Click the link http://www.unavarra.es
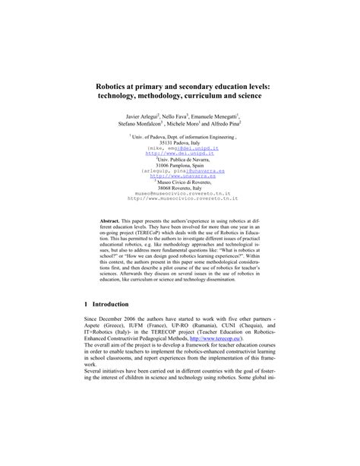tap(180, 176)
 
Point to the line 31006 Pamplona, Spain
tap(180, 164)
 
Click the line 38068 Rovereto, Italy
tap(180, 187)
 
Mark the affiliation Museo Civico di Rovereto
tap(182, 181)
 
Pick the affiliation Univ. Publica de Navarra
tap(182, 159)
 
